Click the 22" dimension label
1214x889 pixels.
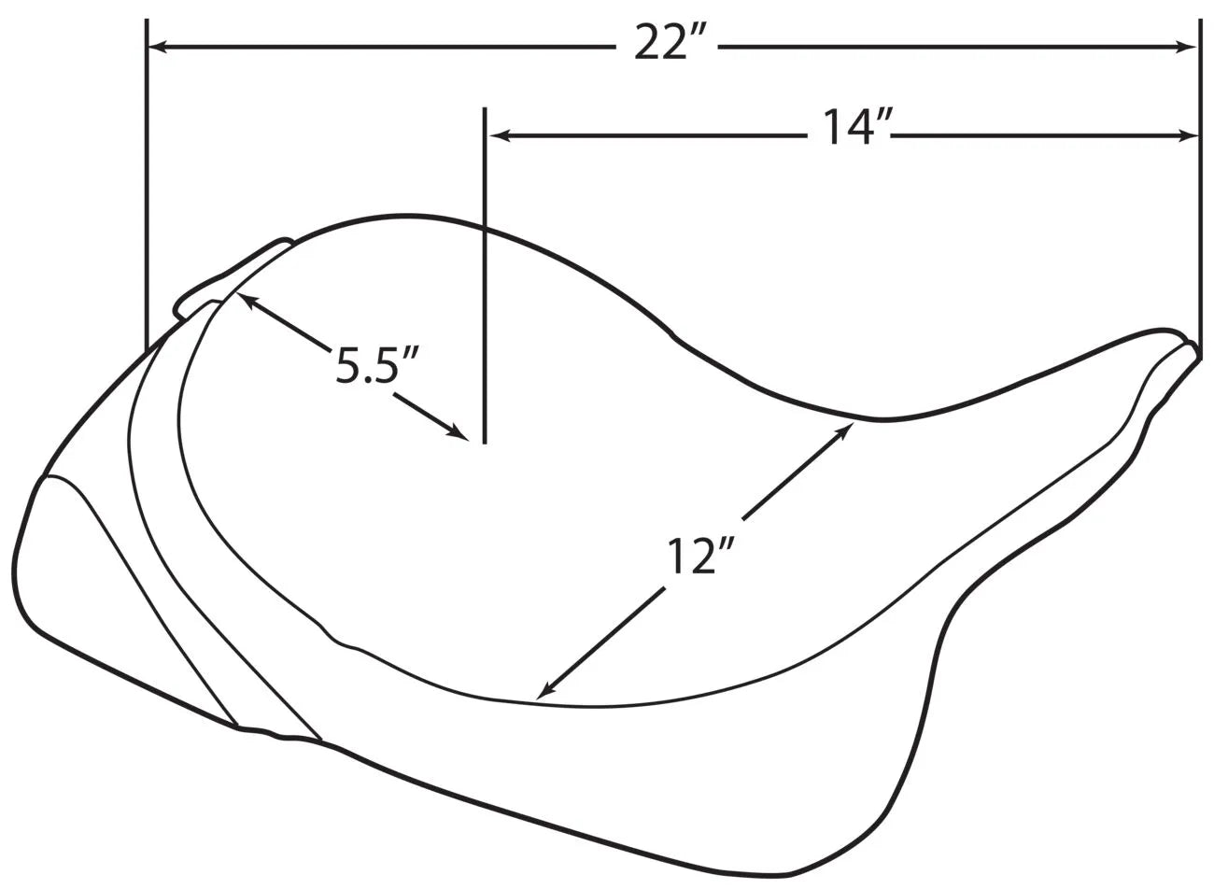672,44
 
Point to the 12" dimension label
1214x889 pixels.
696,557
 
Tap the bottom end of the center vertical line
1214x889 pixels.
484,442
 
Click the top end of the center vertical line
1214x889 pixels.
484,109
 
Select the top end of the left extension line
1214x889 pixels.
147,20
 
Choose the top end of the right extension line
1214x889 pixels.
1199,20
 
